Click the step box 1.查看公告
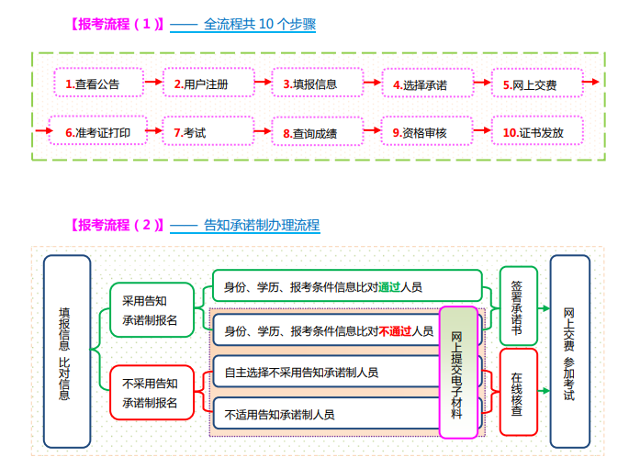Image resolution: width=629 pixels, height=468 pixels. pos(93,84)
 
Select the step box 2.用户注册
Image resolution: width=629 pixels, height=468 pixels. pos(201,84)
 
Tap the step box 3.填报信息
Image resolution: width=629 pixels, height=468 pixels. pos(310,84)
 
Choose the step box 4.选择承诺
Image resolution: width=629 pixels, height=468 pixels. pos(420,84)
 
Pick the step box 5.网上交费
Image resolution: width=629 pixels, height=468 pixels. pos(529,84)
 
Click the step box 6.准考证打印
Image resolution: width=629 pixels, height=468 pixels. pos(97,132)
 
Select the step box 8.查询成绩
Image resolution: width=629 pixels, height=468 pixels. pos(310,133)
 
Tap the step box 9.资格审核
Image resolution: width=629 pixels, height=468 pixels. pos(420,132)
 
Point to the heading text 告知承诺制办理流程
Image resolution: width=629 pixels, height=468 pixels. pos(261,224)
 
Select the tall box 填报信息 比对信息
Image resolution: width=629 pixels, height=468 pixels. pos(66,351)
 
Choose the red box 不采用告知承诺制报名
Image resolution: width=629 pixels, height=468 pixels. pos(151,393)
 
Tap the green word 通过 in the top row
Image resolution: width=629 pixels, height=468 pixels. pos(388,287)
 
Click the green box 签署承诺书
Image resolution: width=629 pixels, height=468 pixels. pos(517,305)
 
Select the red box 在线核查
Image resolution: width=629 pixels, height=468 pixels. pos(517,392)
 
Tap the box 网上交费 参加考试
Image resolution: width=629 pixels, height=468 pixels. pos(569,351)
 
